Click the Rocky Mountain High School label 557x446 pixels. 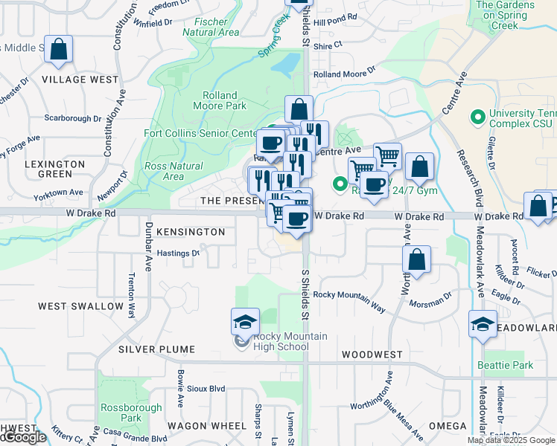tap(280, 341)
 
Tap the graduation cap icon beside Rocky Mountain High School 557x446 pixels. tap(245, 322)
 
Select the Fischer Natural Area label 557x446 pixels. tap(211, 27)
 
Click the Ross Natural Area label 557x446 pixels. tap(174, 171)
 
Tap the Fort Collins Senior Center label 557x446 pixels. tap(200, 134)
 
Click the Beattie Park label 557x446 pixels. tap(515, 365)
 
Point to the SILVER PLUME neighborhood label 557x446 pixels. tap(156, 349)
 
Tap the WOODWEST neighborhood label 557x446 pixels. tap(372, 355)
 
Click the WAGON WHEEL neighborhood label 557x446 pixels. tap(206, 426)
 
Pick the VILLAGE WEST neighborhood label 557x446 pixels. tap(80, 80)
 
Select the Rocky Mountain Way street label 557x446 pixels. tap(349, 295)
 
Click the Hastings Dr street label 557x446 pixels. tap(179, 253)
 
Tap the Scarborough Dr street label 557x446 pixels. tap(72, 118)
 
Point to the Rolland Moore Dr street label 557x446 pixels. tap(344, 74)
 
